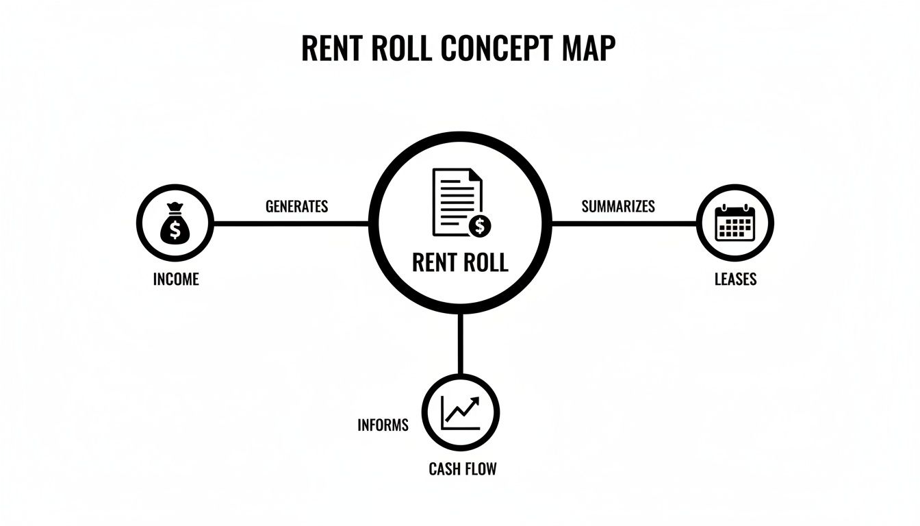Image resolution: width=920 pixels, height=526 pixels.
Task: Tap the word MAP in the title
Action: pos(588,48)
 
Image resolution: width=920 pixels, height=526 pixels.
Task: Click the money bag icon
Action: pos(175,223)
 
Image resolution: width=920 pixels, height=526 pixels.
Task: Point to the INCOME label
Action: pos(176,279)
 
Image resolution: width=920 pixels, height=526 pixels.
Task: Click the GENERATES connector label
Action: pos(296,206)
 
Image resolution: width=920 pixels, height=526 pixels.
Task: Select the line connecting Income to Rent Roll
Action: pos(291,223)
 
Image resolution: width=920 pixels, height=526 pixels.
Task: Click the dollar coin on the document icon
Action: pos(481,224)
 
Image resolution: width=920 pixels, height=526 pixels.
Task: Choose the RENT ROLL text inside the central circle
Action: pos(460,262)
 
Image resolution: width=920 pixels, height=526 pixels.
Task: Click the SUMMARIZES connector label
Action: pos(618,206)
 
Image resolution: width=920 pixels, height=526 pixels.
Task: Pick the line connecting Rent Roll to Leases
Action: pos(623,223)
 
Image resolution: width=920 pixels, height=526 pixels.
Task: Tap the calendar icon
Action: pos(734,223)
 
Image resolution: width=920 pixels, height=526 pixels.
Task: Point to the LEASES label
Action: pos(735,279)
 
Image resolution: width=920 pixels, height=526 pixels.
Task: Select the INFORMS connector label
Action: pos(383,425)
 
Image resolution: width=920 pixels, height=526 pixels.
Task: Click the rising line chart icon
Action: pos(461,412)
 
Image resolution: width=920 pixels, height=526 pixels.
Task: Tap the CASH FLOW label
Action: pos(462,469)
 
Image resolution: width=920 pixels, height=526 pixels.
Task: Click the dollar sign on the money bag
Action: pos(175,230)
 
